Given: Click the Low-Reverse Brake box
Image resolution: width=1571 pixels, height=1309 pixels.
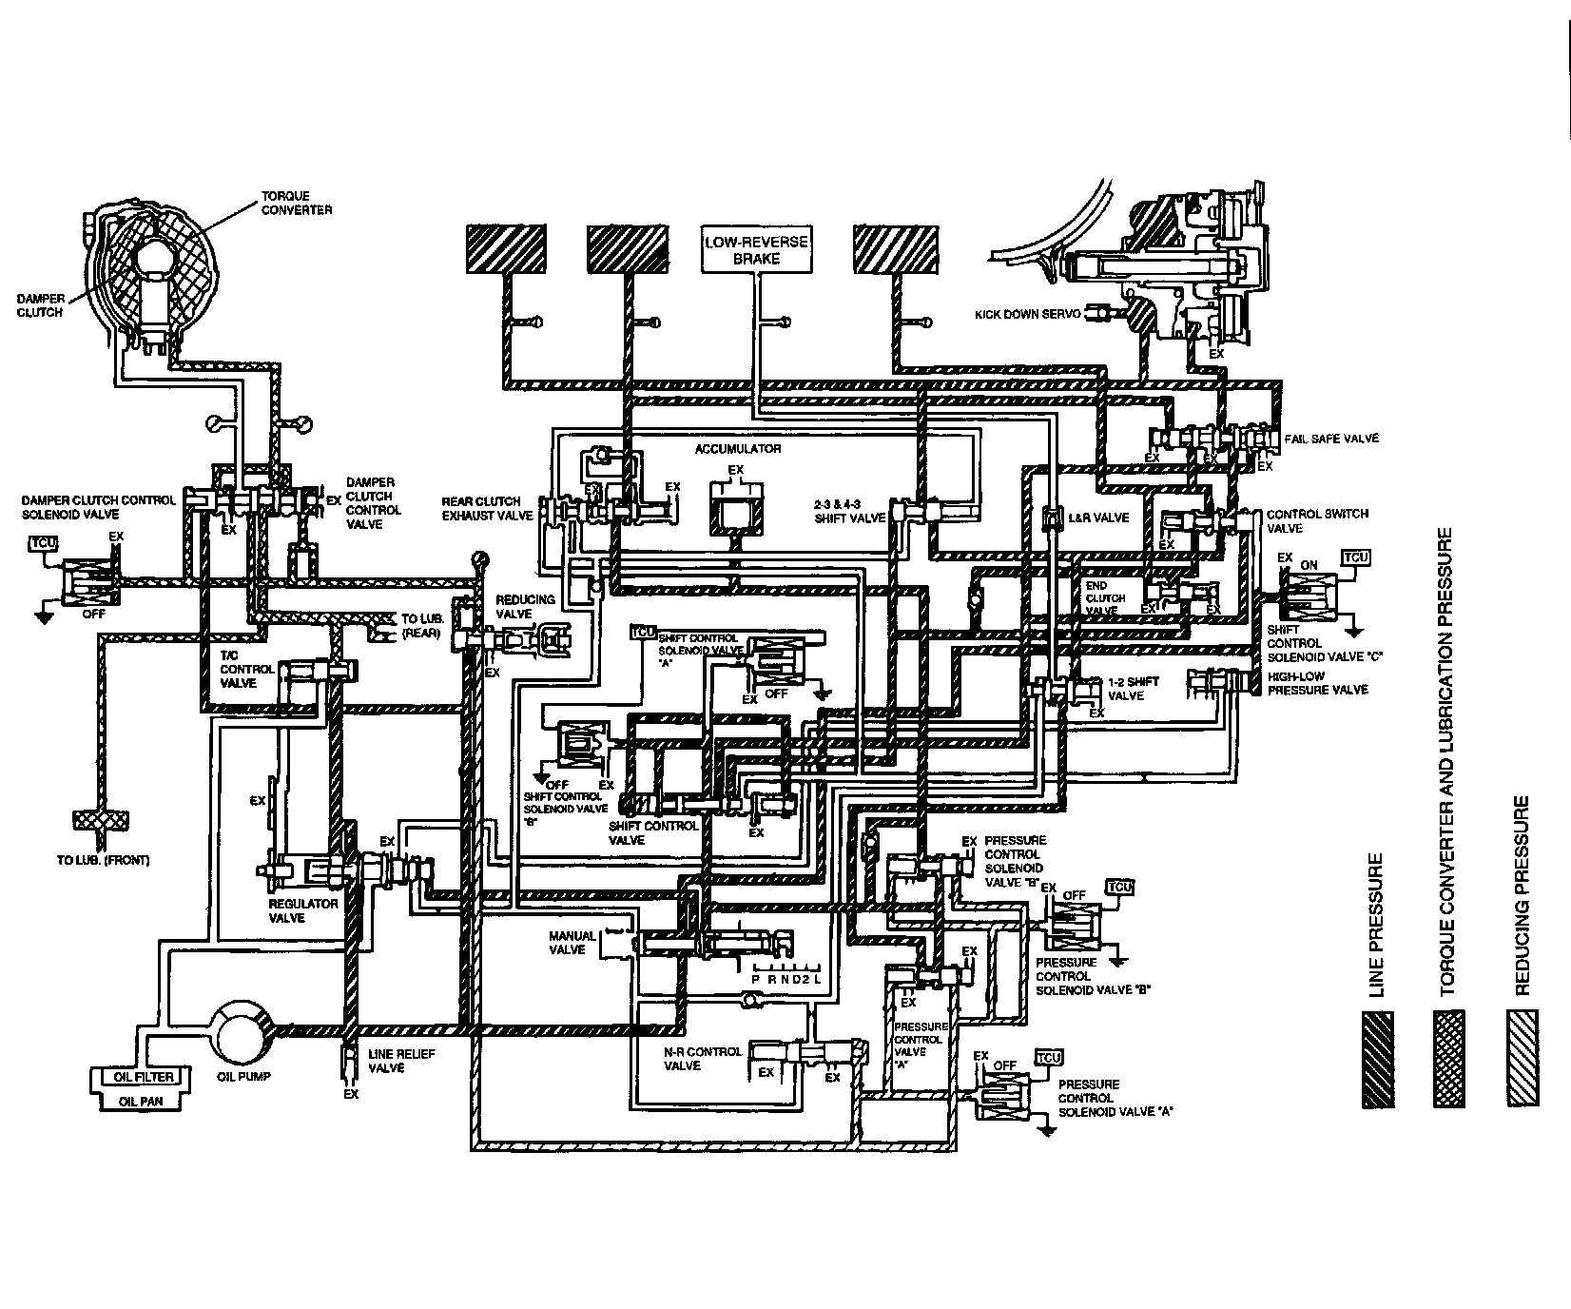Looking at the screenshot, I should click(x=755, y=249).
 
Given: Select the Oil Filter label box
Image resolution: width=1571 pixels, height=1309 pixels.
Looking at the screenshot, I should click(x=144, y=1077).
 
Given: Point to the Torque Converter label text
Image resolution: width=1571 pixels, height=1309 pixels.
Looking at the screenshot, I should click(x=297, y=203).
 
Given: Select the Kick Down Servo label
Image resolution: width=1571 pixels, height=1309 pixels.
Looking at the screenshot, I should click(x=1027, y=314).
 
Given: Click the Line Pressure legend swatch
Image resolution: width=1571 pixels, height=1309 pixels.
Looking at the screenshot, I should click(x=1377, y=1059).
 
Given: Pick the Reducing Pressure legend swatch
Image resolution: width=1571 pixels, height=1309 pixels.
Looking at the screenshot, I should click(x=1523, y=1059).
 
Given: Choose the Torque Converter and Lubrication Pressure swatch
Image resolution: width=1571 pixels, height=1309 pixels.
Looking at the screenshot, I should click(x=1449, y=1059).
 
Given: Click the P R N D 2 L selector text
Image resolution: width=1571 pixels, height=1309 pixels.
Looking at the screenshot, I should click(x=785, y=980).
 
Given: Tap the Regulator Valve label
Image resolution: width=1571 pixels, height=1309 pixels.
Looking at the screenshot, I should click(x=303, y=910).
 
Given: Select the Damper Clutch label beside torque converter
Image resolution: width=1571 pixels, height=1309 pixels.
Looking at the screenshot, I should click(x=41, y=305).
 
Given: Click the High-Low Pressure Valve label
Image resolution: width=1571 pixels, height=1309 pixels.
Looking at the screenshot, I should click(x=1317, y=683).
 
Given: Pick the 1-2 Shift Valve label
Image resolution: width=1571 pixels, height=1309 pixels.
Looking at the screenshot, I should click(x=1134, y=689).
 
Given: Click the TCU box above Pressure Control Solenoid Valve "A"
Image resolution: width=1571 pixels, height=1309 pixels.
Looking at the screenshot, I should click(x=1049, y=1058).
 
